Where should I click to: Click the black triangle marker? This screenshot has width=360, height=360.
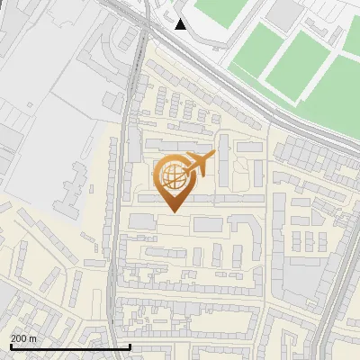tap(181, 23)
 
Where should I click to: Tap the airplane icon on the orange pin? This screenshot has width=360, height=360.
tap(199, 163)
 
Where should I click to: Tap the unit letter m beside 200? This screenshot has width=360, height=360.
tap(33, 338)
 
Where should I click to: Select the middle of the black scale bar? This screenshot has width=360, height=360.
tap(69, 346)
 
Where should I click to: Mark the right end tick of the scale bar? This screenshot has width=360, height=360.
tap(130, 346)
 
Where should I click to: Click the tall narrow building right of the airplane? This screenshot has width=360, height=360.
tap(222, 167)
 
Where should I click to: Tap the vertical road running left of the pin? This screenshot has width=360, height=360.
tap(116, 225)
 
